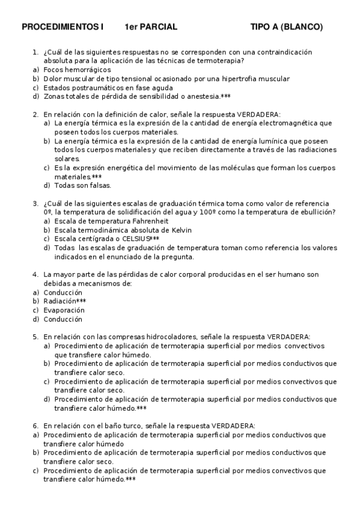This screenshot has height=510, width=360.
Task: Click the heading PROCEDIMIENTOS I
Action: tap(63, 27)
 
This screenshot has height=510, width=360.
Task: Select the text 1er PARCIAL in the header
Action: tap(151, 27)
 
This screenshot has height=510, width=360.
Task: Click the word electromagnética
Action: tap(294, 123)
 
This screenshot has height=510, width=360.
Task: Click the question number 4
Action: tap(35, 274)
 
